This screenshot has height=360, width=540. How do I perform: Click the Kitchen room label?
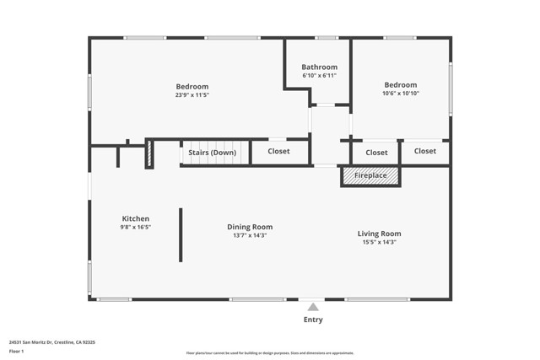[x=135, y=218]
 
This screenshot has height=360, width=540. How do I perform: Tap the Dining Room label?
[x=250, y=227]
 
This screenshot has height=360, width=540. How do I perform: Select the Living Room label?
[x=379, y=234]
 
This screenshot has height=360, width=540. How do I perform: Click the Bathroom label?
[x=320, y=67]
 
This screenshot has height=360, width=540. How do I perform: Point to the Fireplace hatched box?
[x=370, y=175]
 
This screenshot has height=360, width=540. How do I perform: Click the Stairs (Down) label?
[x=212, y=153]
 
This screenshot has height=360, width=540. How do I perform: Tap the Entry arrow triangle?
[x=312, y=307]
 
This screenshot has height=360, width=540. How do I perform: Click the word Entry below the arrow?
[x=312, y=320]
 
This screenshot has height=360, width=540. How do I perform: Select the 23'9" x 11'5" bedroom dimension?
[x=192, y=95]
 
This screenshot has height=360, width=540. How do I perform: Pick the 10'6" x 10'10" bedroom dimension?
[x=400, y=94]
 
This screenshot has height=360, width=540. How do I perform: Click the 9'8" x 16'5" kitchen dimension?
[x=135, y=227]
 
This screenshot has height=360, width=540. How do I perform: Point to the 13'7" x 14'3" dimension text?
[x=250, y=235]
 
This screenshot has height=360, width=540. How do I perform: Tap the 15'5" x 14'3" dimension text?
[x=379, y=242]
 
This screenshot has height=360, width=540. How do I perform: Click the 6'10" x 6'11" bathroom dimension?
[x=320, y=76]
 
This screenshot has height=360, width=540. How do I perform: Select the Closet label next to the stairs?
[x=278, y=152]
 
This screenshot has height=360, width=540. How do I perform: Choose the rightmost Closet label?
[x=425, y=152]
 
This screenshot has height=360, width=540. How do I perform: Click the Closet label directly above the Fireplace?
[x=376, y=153]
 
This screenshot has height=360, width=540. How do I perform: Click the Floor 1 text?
[x=17, y=351]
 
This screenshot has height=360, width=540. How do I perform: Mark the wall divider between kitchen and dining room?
[x=180, y=235]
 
